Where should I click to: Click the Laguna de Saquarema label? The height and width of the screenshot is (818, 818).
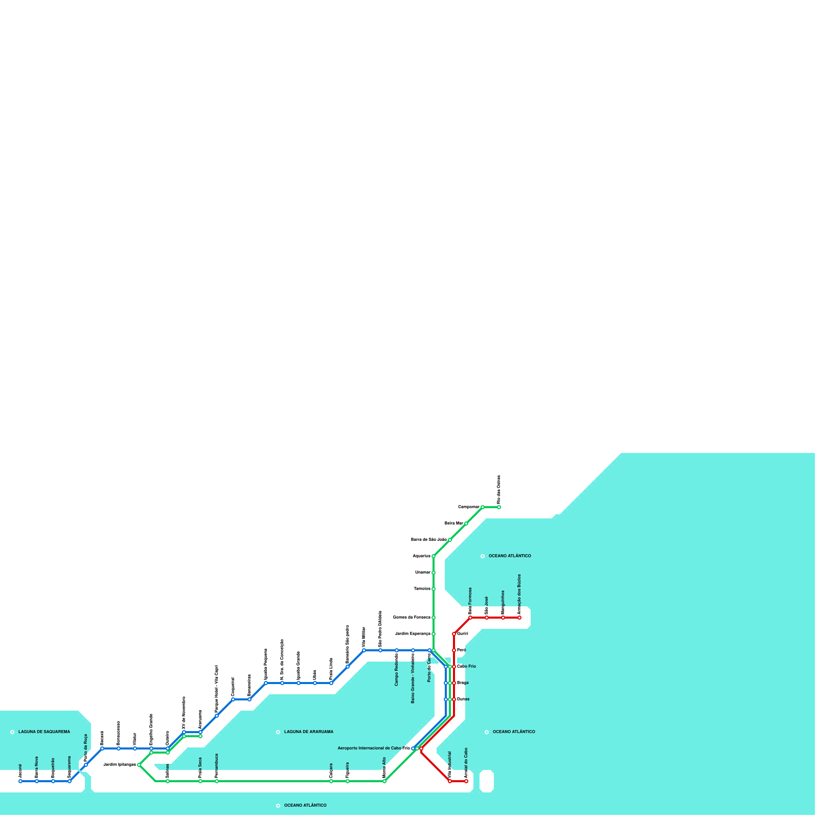click(x=44, y=732)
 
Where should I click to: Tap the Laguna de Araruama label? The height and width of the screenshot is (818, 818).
click(x=308, y=732)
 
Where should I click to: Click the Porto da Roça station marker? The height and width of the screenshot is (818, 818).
click(x=86, y=765)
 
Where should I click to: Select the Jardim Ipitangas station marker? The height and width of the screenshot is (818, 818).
click(x=139, y=765)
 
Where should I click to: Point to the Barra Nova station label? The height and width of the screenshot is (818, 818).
click(x=37, y=767)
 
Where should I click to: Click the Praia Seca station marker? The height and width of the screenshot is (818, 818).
click(x=200, y=781)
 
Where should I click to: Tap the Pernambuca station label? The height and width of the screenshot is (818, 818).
click(x=217, y=765)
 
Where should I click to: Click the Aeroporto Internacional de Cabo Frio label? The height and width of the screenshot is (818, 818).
click(x=374, y=748)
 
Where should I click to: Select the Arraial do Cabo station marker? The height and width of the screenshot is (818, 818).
click(x=466, y=781)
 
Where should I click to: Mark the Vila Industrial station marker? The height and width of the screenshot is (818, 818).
click(x=450, y=781)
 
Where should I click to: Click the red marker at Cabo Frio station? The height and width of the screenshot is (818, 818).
click(x=454, y=667)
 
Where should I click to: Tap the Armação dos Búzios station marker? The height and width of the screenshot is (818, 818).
click(x=519, y=618)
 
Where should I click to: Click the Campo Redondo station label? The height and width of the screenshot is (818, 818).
click(x=397, y=670)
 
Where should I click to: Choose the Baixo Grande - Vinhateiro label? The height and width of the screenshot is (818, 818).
click(x=413, y=678)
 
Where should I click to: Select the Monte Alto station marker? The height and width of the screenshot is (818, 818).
click(x=384, y=781)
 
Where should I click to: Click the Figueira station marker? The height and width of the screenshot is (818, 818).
click(x=348, y=781)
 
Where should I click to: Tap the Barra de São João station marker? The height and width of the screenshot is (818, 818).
click(x=450, y=540)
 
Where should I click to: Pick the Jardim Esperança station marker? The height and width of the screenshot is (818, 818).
click(x=434, y=634)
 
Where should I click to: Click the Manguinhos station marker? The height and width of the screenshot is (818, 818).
click(x=503, y=618)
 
